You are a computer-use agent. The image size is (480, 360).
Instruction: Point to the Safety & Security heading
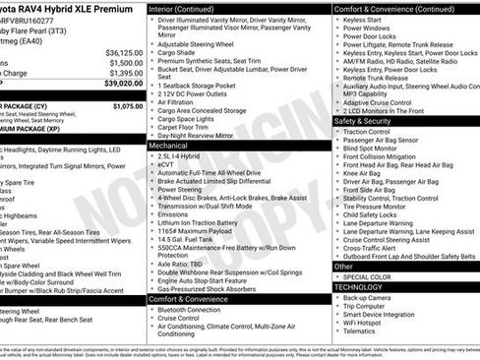(x=365, y=121)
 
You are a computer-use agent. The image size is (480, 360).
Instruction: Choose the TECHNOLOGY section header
(x=360, y=288)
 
